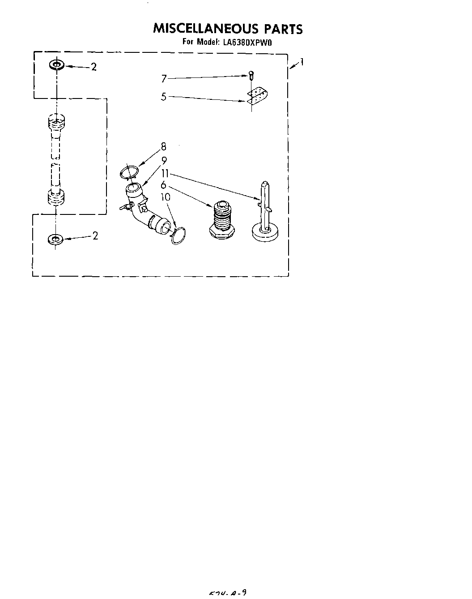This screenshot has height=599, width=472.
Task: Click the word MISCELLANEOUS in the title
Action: [x=206, y=29]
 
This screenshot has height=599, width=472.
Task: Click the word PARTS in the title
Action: [x=283, y=30]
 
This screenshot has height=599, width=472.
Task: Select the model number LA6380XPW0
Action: [x=246, y=43]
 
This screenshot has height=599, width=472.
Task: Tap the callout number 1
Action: [x=303, y=62]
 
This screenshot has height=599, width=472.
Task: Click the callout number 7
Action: [x=164, y=79]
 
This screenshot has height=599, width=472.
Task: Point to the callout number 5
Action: [x=164, y=96]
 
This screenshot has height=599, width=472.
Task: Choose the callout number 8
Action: [x=164, y=146]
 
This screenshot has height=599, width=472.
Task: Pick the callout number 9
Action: [x=164, y=160]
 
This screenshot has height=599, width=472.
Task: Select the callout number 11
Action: [x=165, y=173]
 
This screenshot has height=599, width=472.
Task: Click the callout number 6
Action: [x=164, y=184]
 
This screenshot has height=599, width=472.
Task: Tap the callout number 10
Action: [x=165, y=197]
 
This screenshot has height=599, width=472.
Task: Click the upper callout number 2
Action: [x=94, y=67]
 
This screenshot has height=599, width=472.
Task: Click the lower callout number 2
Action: [x=95, y=236]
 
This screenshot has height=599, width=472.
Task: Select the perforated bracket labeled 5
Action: [x=257, y=96]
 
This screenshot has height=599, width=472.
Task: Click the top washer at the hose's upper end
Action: [x=56, y=65]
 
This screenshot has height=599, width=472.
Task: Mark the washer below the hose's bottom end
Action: [x=55, y=239]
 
